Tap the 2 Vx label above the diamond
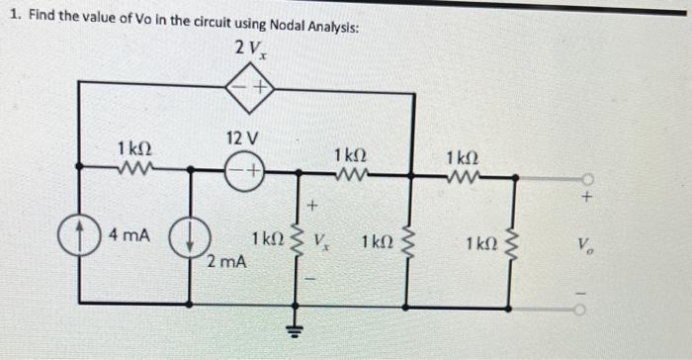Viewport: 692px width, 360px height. coord(249,49)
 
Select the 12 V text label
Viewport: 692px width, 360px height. coord(241,135)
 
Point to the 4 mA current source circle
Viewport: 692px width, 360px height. coord(77,238)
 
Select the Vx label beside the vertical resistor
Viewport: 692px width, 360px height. coord(323,241)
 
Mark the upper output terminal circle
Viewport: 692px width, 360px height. coord(587,181)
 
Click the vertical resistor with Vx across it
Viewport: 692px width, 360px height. coord(294,242)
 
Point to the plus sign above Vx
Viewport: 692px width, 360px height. coord(310,207)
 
